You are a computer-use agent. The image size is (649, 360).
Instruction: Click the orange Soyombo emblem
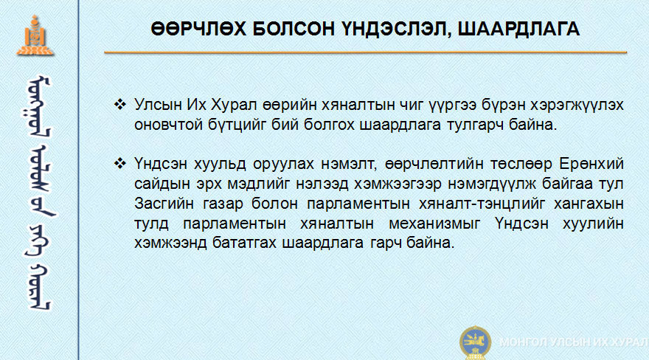[x=35, y=35]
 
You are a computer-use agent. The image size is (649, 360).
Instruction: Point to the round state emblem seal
[x=475, y=342]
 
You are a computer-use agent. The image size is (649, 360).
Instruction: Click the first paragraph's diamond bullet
[x=120, y=104]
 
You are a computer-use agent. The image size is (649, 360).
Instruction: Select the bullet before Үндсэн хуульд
[x=120, y=164]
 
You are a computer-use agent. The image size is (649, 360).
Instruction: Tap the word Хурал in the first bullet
[x=234, y=105]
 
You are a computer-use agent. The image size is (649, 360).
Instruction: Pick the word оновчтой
[x=168, y=125]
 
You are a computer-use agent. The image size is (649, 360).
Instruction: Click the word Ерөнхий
[x=591, y=165]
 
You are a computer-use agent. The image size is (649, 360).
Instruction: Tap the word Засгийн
[x=164, y=204]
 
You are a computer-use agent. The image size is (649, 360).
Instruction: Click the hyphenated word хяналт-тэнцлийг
[x=481, y=204]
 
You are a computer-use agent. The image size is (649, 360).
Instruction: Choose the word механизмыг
[x=434, y=224]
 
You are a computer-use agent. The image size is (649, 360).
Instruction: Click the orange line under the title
[x=366, y=52]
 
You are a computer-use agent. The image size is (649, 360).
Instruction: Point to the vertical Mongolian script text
[x=38, y=193]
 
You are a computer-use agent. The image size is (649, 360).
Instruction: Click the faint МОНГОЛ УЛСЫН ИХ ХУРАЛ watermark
[x=574, y=342]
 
